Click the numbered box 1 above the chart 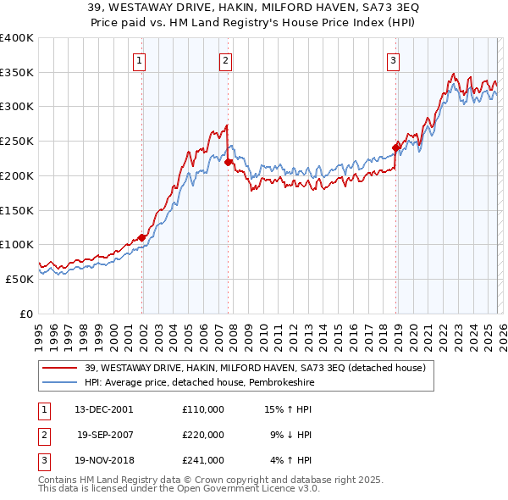[138, 60]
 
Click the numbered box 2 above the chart [225, 60]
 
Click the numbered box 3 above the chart [394, 60]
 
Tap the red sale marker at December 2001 [141, 238]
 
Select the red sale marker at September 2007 [229, 162]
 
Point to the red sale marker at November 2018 [395, 147]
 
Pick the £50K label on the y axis [20, 279]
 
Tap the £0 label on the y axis [26, 314]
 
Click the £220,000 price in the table [203, 435]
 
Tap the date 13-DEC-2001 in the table [103, 409]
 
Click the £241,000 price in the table [203, 460]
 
